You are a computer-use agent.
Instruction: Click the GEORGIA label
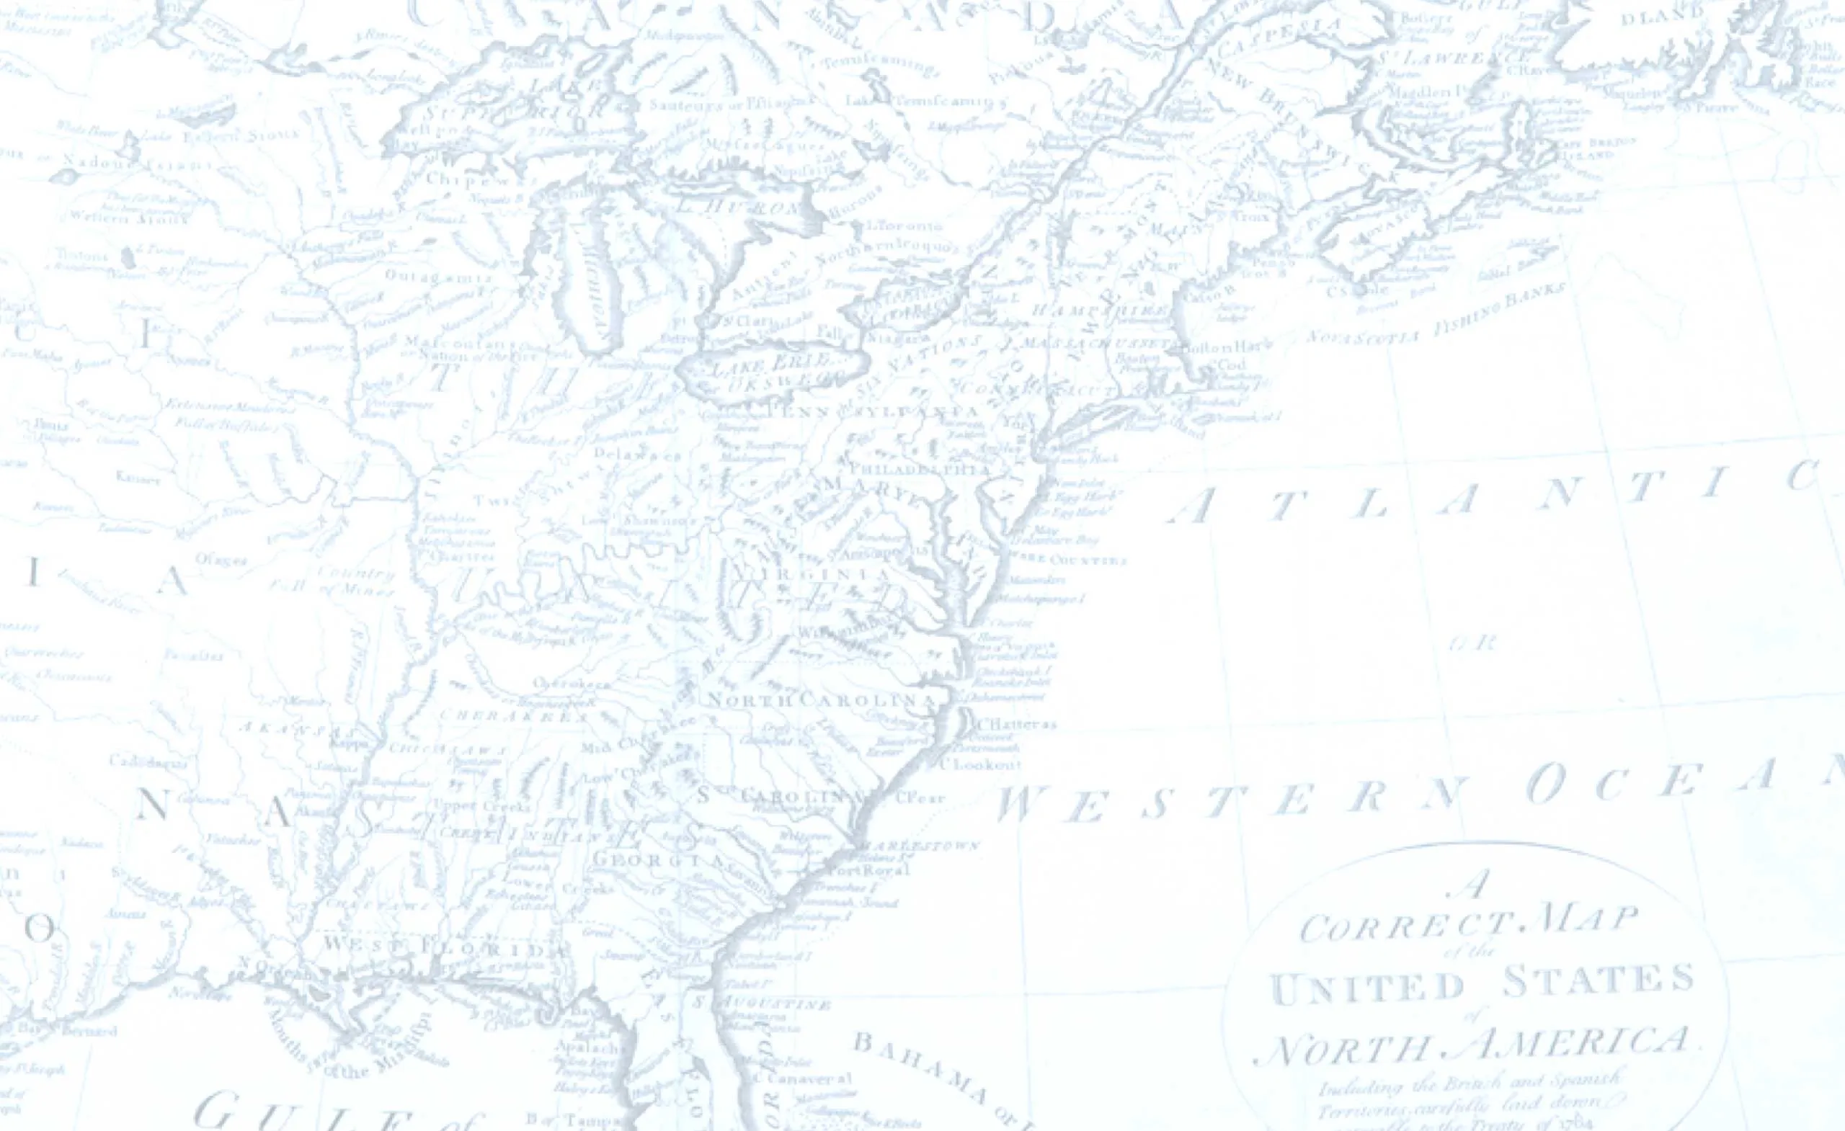pyautogui.click(x=658, y=861)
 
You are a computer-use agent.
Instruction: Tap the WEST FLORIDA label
pyautogui.click(x=445, y=946)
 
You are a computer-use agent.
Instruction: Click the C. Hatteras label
pyautogui.click(x=1016, y=724)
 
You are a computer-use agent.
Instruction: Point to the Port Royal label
pyautogui.click(x=868, y=870)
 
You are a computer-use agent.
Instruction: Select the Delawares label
pyautogui.click(x=637, y=454)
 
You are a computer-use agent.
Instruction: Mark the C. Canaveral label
pyautogui.click(x=809, y=1078)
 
